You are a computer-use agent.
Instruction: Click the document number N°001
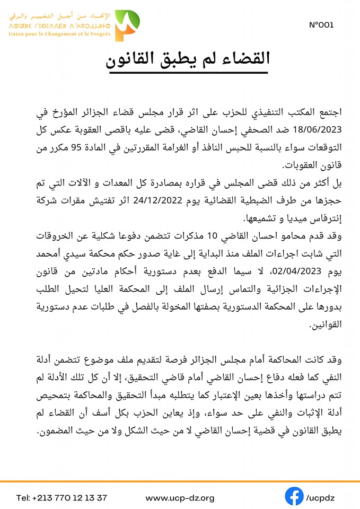pos(321,25)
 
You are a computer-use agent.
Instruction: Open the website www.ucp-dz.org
pos(180,498)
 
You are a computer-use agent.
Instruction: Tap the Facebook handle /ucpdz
pos(320,498)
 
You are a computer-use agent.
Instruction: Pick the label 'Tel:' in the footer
pos(24,498)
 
